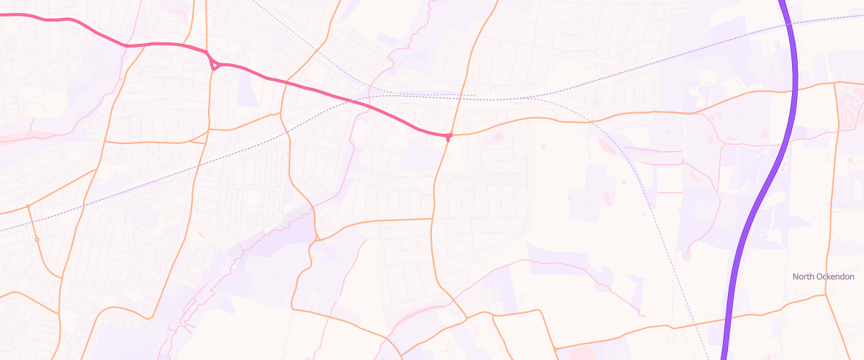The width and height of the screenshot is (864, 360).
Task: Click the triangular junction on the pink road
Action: point(214,65)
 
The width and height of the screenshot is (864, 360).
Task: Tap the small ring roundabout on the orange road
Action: point(37,239)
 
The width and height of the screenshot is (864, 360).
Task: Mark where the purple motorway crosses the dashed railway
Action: point(790,26)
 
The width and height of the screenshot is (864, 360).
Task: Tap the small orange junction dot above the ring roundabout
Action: point(28,207)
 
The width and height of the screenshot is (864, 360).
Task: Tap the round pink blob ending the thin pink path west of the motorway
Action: point(687,255)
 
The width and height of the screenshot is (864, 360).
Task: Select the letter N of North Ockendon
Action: point(796,277)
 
